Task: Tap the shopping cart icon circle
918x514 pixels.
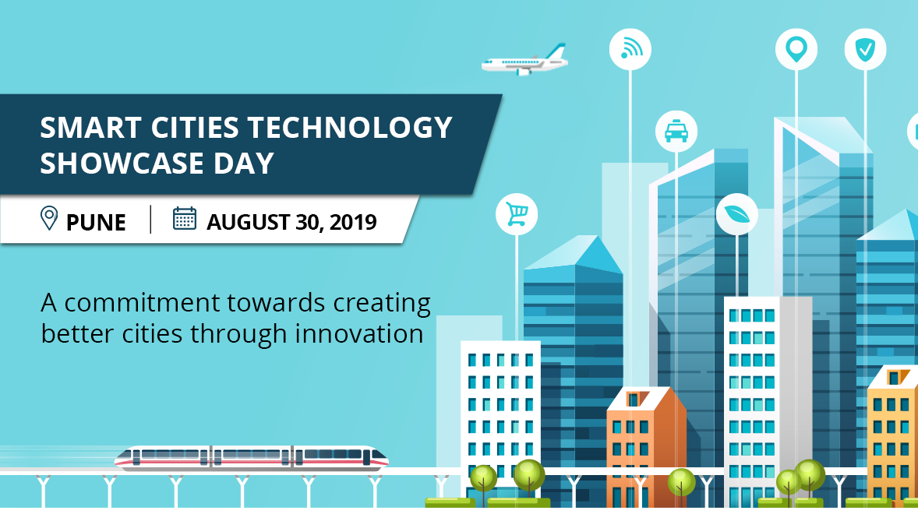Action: click(516, 213)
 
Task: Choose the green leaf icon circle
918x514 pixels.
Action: click(736, 213)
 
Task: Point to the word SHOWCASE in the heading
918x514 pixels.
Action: click(117, 164)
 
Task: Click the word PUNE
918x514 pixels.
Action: click(96, 223)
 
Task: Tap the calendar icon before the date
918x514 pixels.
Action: click(185, 219)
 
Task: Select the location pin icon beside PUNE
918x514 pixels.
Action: click(49, 219)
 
